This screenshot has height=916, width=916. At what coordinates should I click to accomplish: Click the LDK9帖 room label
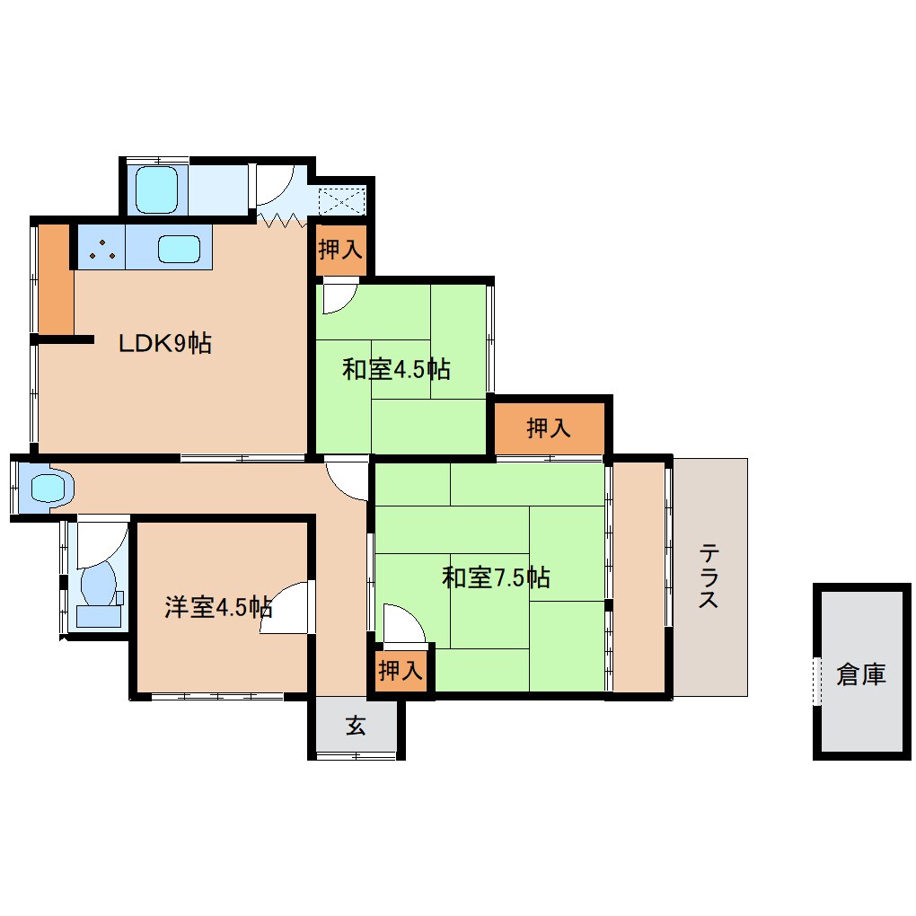tap(165, 343)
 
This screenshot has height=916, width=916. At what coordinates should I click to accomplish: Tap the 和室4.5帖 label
tap(396, 368)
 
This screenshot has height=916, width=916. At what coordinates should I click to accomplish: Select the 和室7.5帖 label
tap(496, 577)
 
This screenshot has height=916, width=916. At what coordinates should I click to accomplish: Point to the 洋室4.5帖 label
tap(218, 607)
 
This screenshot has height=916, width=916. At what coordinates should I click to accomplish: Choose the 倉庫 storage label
tap(860, 674)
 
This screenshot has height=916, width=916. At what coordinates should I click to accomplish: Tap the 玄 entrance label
tap(356, 727)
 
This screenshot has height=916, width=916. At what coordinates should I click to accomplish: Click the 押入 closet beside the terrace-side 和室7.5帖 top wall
tap(549, 428)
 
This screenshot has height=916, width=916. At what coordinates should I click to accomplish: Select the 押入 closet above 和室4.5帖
tap(340, 250)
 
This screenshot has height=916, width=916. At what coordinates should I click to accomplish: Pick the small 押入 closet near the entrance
tap(400, 670)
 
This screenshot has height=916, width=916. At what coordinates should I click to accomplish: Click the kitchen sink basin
tap(178, 249)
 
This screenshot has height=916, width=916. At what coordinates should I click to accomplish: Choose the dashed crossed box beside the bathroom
tap(340, 199)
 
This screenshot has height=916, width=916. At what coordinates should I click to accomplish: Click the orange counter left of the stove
tap(56, 277)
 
